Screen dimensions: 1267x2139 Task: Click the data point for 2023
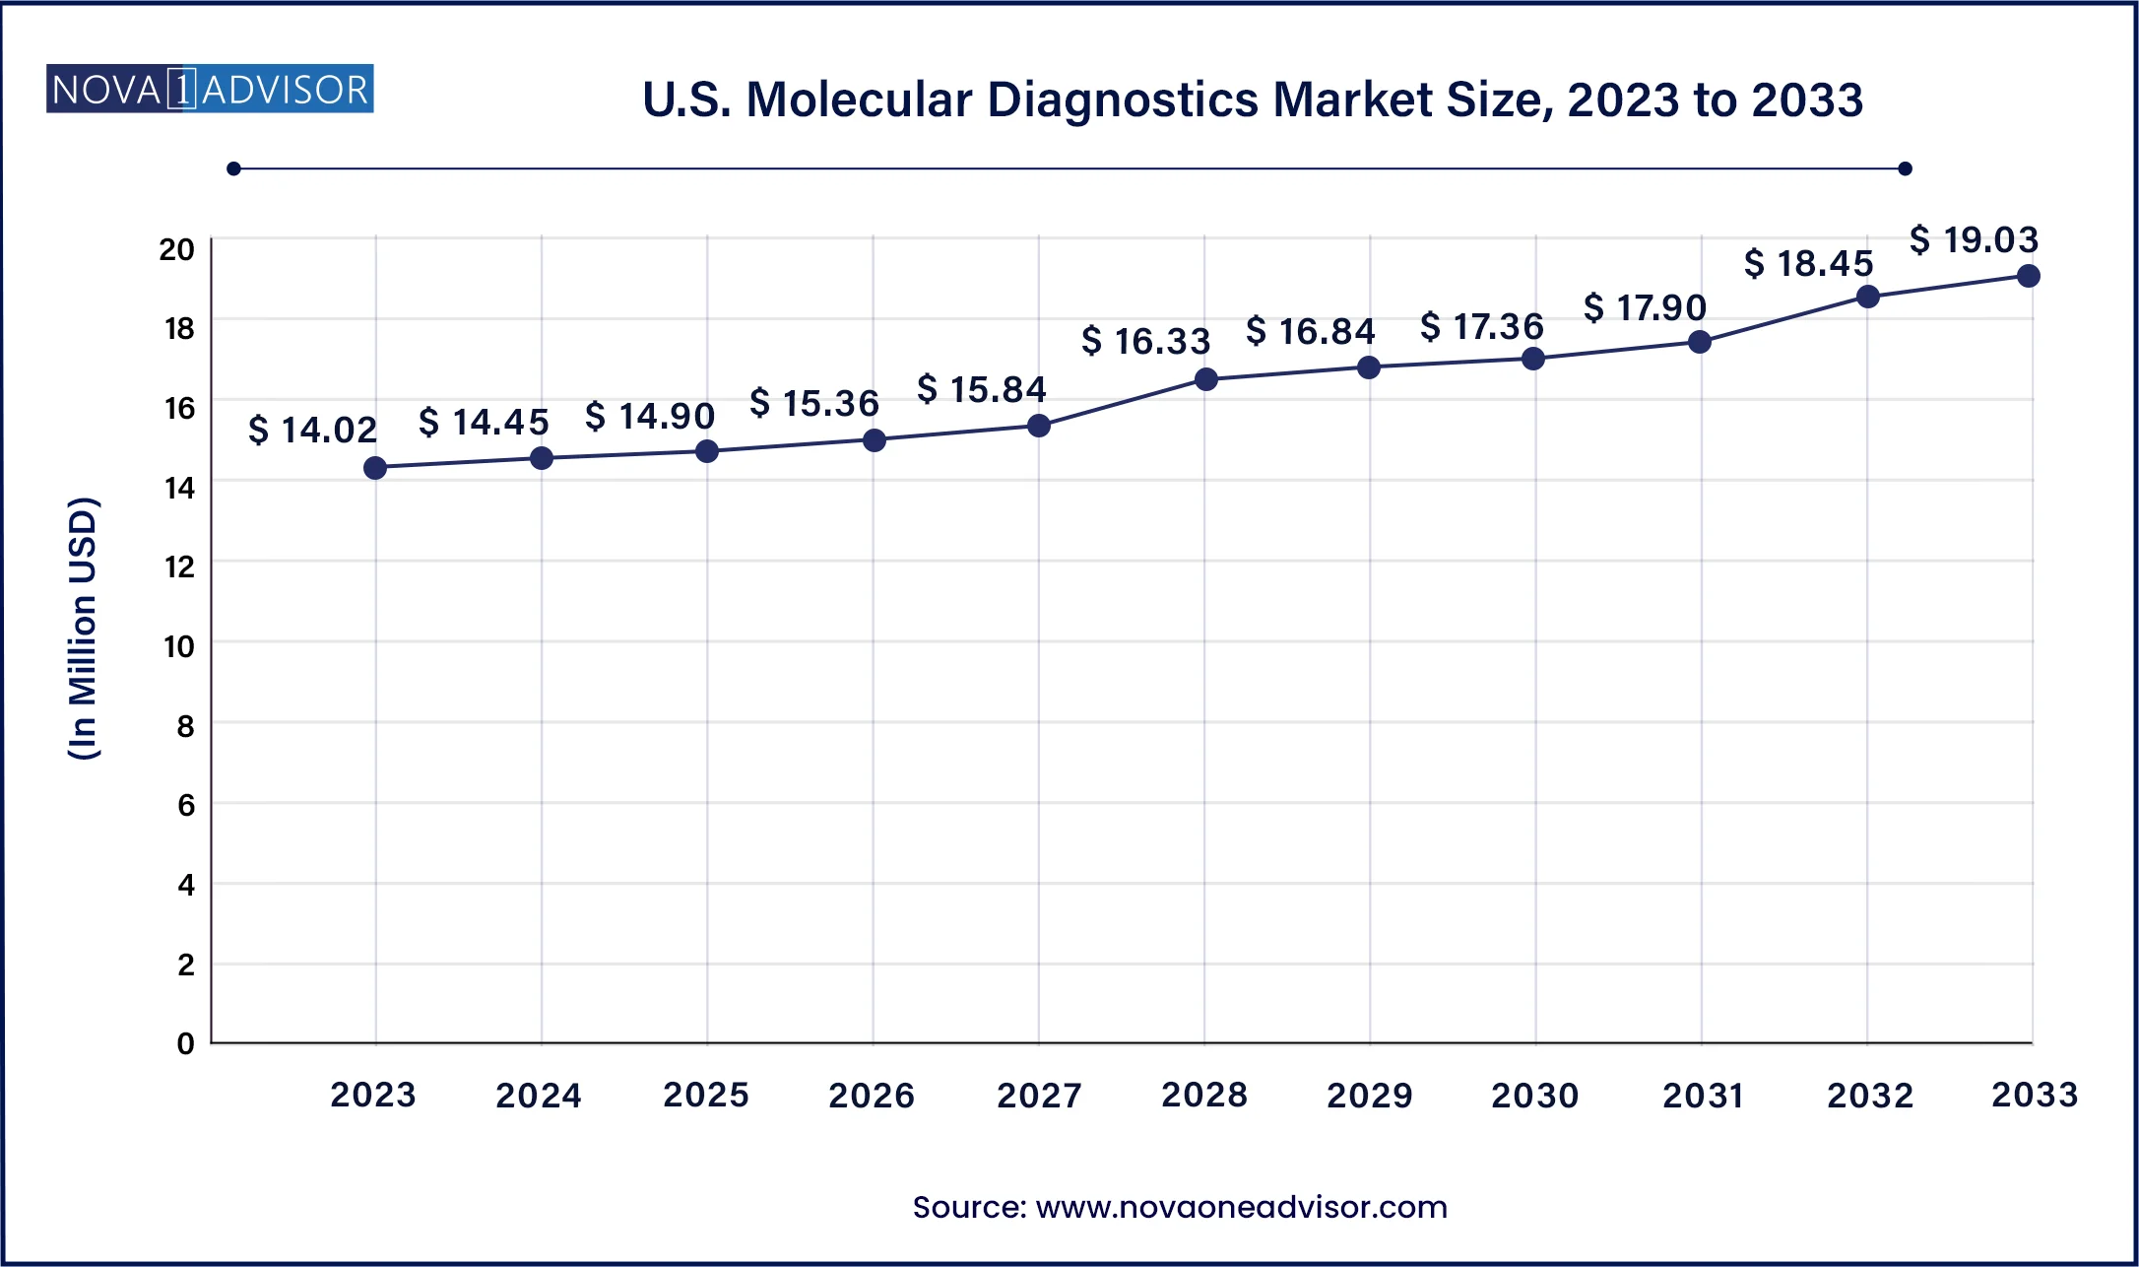[375, 468]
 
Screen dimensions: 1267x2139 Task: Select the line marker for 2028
[1205, 379]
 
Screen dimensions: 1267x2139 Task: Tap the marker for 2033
[2028, 276]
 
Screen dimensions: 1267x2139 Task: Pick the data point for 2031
[1700, 342]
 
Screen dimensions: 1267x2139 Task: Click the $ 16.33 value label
[1145, 341]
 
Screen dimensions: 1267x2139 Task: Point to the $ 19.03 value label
[1974, 239]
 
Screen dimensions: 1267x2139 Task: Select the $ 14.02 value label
[312, 430]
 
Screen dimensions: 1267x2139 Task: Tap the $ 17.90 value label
[1645, 307]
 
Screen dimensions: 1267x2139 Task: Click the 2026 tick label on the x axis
[872, 1095]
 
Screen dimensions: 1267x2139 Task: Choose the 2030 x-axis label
[1534, 1095]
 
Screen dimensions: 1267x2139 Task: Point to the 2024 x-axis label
[539, 1095]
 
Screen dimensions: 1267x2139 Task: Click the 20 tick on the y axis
[177, 249]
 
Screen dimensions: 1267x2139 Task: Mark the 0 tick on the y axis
[185, 1043]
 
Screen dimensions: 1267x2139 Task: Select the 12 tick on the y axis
[179, 567]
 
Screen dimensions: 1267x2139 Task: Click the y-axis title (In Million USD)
[84, 628]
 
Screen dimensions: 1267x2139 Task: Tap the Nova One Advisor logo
[210, 90]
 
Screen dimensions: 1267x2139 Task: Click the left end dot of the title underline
[233, 168]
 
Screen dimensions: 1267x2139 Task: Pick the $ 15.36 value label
[813, 403]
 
